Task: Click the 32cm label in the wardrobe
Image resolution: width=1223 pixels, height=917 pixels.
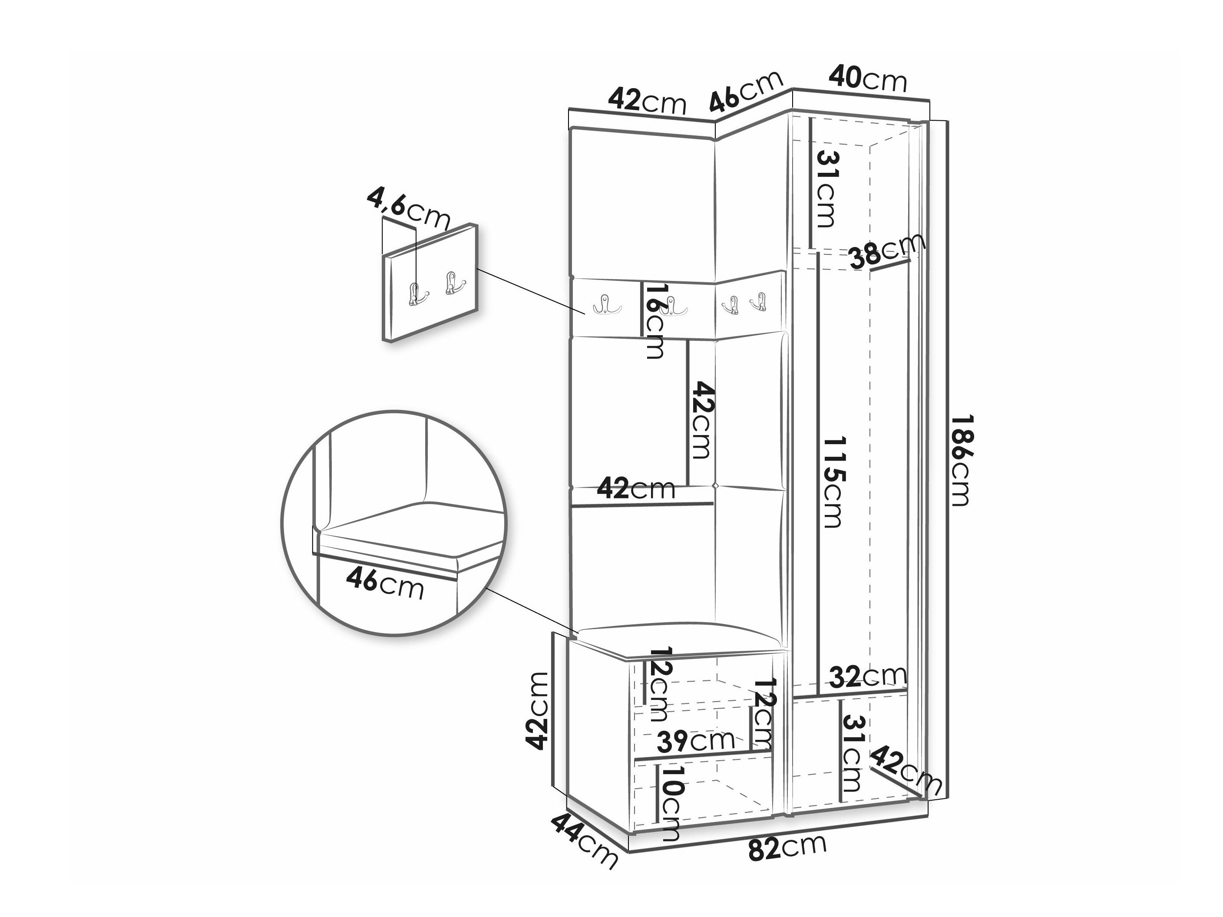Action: [868, 676]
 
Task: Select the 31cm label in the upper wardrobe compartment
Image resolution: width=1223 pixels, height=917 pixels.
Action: [826, 188]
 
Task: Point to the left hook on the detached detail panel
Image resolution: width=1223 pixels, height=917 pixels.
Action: [416, 293]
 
